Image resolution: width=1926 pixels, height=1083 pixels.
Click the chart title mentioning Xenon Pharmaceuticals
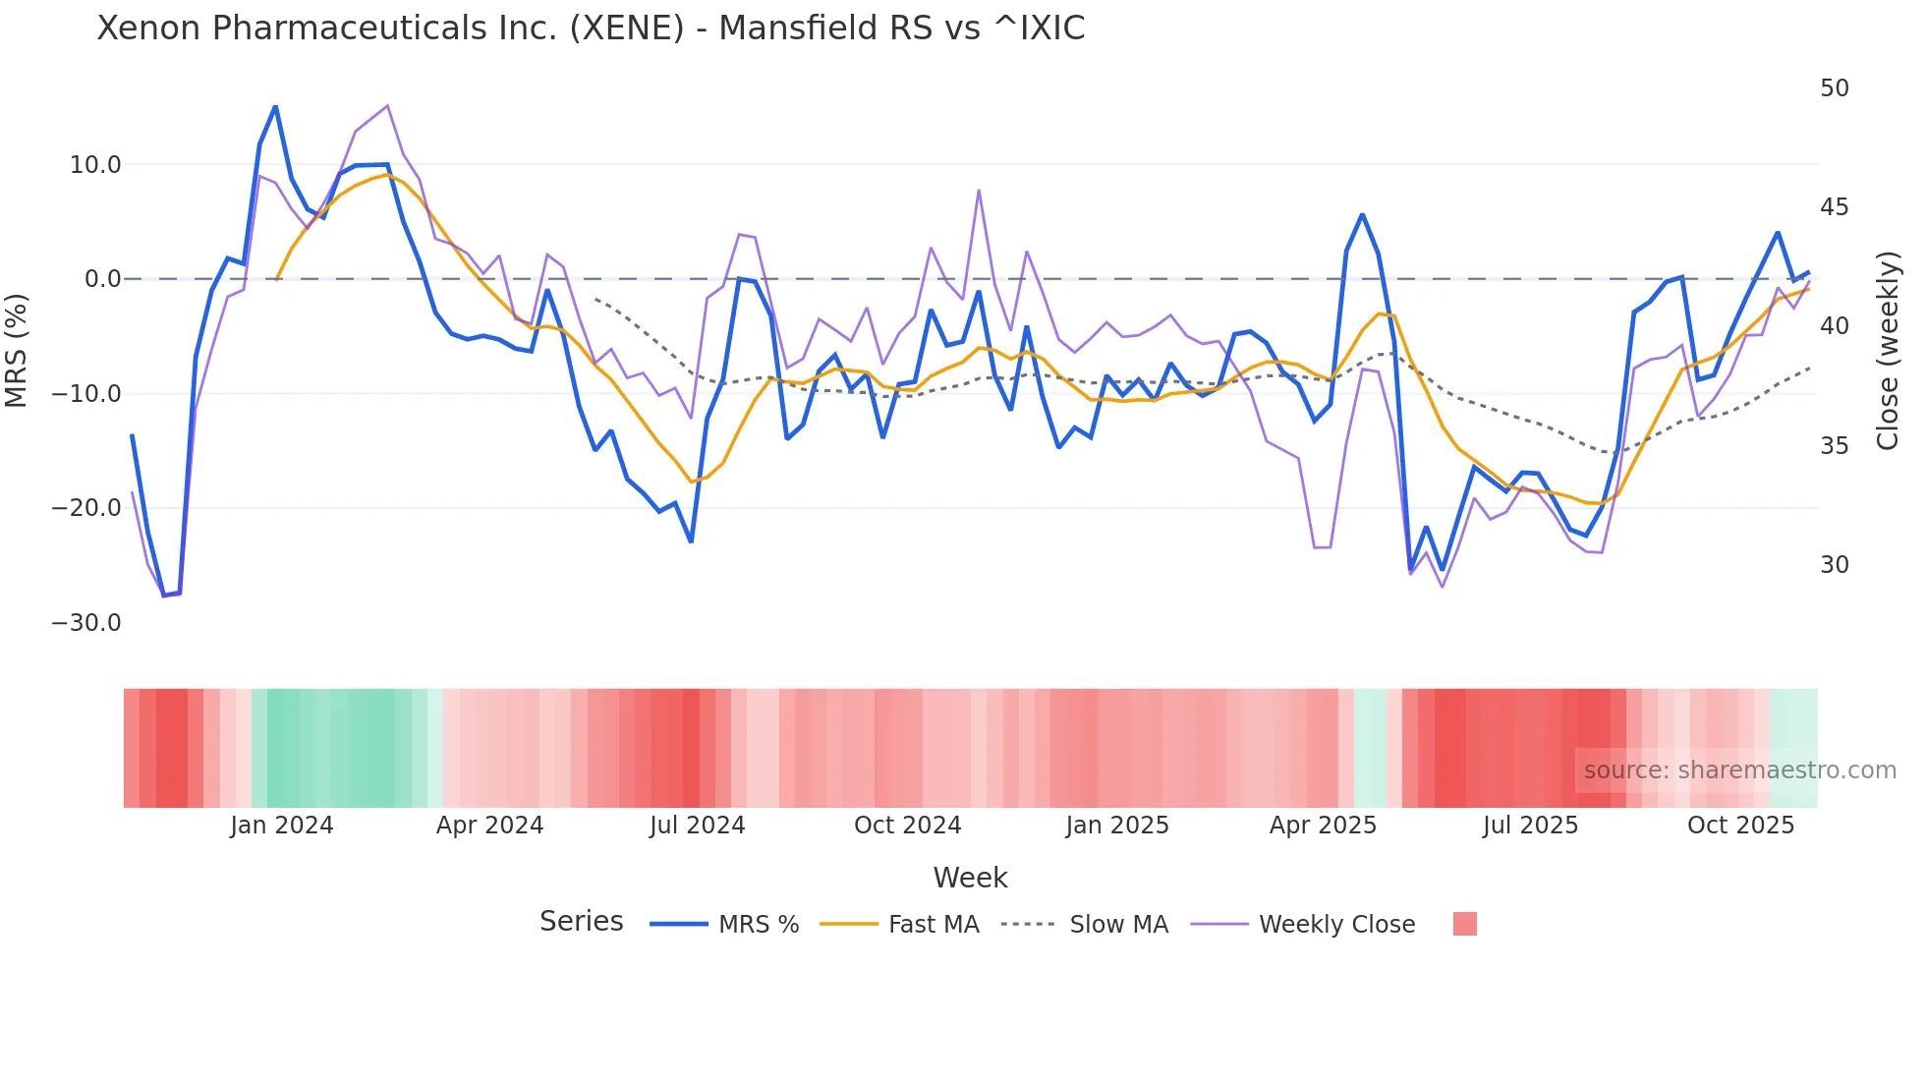(x=591, y=28)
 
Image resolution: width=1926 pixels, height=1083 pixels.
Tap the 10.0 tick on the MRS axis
(x=95, y=165)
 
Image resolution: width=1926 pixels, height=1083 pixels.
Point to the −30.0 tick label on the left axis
(x=86, y=623)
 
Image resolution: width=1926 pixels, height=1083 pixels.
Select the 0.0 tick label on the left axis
(x=102, y=279)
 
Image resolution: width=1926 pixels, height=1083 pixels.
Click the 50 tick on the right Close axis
(x=1834, y=88)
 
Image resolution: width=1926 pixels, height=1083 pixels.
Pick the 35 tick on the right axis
(x=1834, y=446)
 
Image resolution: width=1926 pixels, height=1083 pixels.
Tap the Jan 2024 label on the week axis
(x=282, y=826)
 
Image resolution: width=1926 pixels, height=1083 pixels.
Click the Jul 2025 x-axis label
(x=1530, y=826)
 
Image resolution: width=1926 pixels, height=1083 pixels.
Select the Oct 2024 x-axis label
(x=907, y=826)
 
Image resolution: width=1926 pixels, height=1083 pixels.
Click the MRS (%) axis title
(x=17, y=351)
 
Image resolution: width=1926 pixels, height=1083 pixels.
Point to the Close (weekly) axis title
(x=1887, y=351)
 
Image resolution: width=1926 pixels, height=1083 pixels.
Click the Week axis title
(x=970, y=878)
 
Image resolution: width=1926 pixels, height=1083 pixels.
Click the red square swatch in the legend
(x=1464, y=924)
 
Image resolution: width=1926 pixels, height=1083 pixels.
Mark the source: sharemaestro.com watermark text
(x=1739, y=770)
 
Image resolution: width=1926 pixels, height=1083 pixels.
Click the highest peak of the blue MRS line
(x=275, y=106)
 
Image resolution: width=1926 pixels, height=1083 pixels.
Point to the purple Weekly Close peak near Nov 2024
(x=979, y=191)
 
